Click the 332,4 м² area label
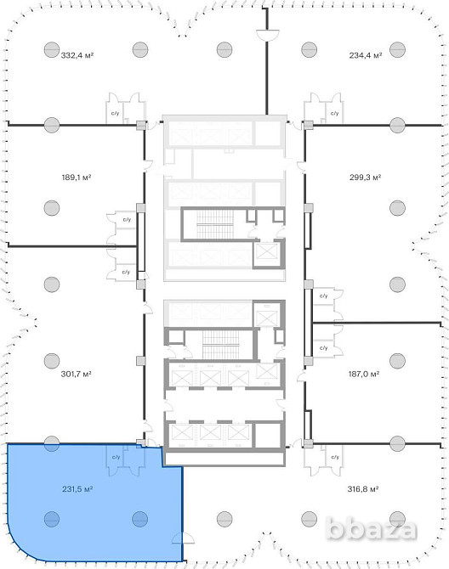(x=77, y=55)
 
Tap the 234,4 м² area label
(x=366, y=55)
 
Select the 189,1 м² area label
(x=77, y=177)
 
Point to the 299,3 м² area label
(x=365, y=177)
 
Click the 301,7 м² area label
(x=76, y=374)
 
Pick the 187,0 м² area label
(x=364, y=374)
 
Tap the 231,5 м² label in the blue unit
(x=77, y=489)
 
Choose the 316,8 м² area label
(x=363, y=489)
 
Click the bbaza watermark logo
(x=371, y=529)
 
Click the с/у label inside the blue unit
(x=116, y=457)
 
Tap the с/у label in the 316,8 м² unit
(x=335, y=457)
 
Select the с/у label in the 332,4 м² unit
(x=115, y=113)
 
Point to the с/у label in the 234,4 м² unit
(x=334, y=113)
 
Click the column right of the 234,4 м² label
(x=397, y=50)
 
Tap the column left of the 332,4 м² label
(x=52, y=50)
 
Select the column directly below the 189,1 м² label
(x=52, y=208)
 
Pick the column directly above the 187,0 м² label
(x=397, y=360)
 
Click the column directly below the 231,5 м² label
(x=52, y=519)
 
